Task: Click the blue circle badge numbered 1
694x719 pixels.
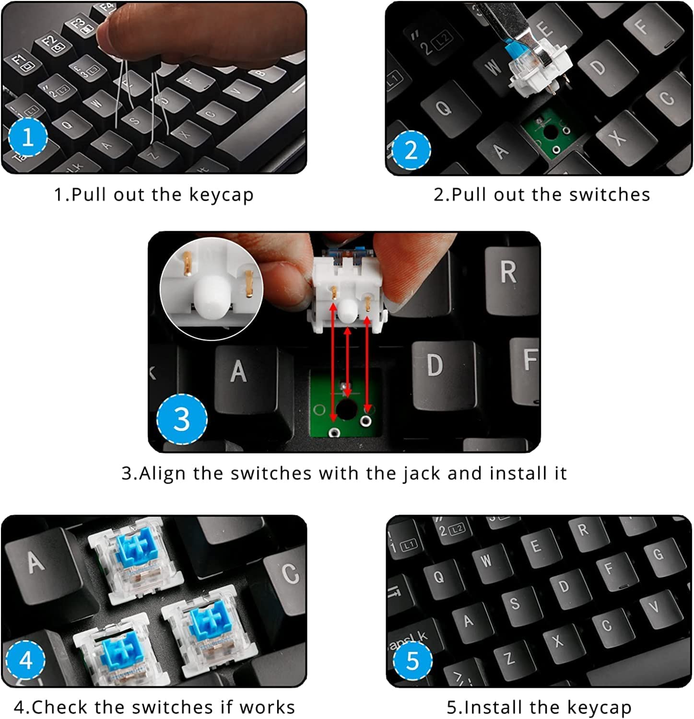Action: pos(28,137)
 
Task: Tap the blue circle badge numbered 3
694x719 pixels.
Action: pos(182,418)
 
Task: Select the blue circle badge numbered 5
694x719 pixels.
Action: pos(412,661)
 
